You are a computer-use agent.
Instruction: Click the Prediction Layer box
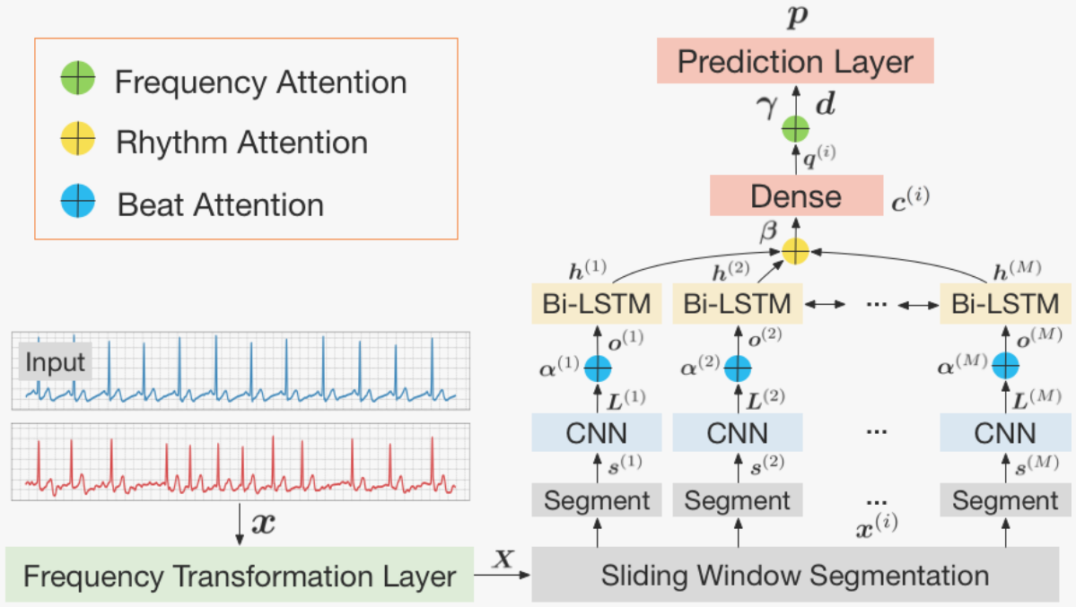[795, 62]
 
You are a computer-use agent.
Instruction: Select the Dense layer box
[795, 195]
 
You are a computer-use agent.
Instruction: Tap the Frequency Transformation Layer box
[240, 575]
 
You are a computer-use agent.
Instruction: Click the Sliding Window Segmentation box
[795, 575]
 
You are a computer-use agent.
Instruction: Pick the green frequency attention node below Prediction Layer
[795, 130]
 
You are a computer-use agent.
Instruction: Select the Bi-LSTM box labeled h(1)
[597, 304]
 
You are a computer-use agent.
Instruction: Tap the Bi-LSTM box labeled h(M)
[1005, 304]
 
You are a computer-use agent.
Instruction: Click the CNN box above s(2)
[737, 434]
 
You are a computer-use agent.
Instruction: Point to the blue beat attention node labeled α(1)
[597, 367]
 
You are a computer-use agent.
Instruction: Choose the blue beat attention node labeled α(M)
[1005, 367]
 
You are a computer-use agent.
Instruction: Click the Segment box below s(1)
[597, 500]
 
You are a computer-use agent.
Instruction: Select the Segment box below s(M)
[1005, 500]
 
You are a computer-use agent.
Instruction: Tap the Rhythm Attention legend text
[241, 143]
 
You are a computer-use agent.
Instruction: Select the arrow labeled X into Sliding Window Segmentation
[504, 575]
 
